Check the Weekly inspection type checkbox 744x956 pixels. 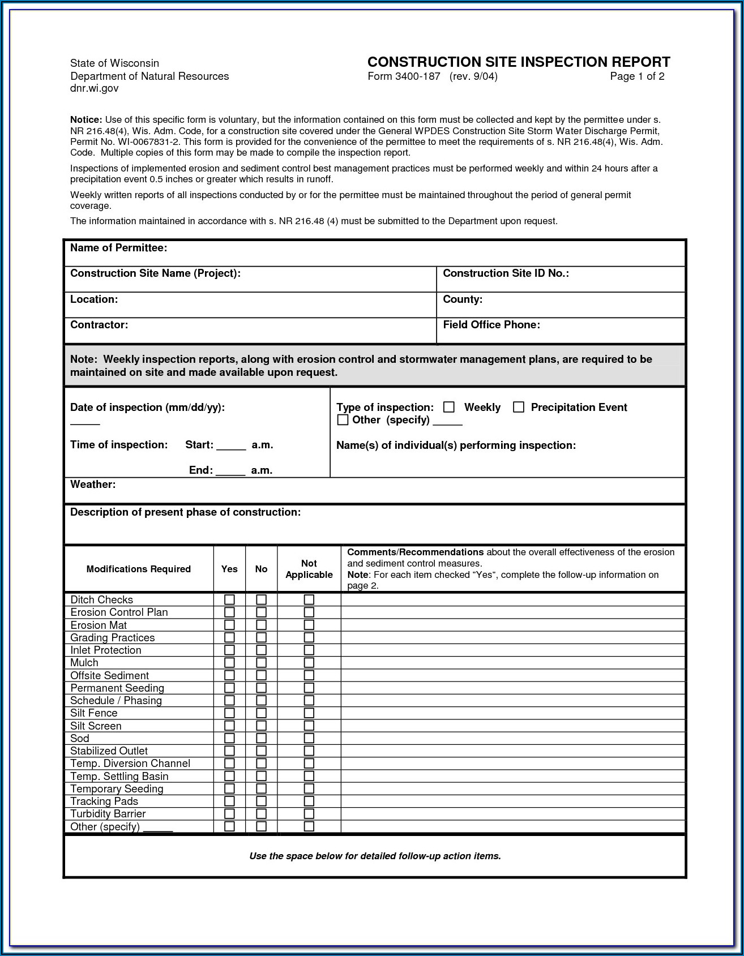(x=449, y=407)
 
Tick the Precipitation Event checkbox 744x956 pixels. (x=519, y=407)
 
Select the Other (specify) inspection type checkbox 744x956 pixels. (x=343, y=420)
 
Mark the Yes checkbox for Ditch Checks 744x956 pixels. (x=229, y=599)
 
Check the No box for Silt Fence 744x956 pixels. (x=261, y=713)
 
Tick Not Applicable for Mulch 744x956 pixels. (x=309, y=663)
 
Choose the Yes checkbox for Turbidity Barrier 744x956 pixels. (x=229, y=814)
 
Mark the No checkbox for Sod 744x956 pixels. (x=261, y=738)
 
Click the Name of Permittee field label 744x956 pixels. (x=118, y=248)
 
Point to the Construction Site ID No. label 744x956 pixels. (x=506, y=273)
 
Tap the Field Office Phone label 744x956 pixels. (x=491, y=325)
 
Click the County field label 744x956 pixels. (x=463, y=299)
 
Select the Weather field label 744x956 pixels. (x=93, y=485)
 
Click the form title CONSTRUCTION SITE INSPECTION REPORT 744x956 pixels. (x=519, y=62)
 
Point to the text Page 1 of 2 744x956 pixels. (x=637, y=76)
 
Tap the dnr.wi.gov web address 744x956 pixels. (x=95, y=88)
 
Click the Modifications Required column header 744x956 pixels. (x=139, y=569)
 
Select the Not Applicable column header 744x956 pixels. (x=309, y=569)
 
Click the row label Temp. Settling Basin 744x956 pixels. (x=119, y=777)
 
